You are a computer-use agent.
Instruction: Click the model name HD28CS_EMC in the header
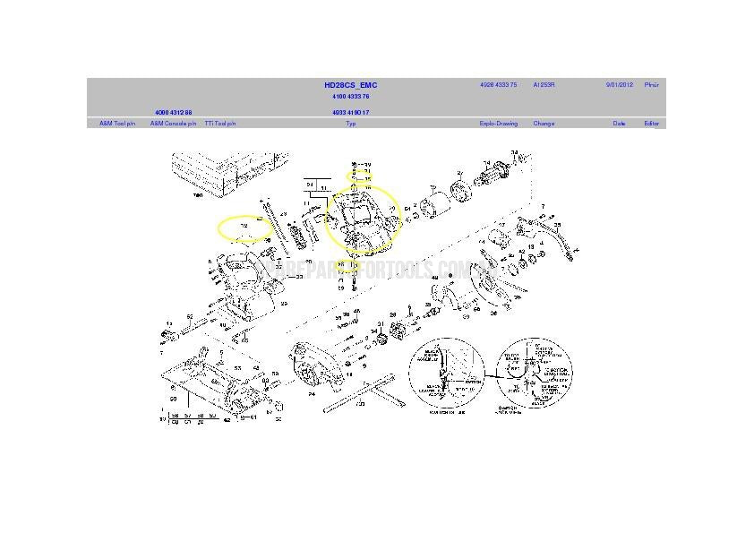click(x=350, y=85)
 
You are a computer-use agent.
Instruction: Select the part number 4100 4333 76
click(x=350, y=96)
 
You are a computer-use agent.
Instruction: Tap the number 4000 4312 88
click(x=174, y=113)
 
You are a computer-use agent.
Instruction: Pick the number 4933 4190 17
click(x=350, y=113)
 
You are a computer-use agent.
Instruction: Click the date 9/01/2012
click(x=619, y=85)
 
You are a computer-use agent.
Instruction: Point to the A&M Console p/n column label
click(x=173, y=124)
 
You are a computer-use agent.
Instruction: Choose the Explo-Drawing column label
click(x=499, y=124)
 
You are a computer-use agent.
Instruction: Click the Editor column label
click(x=651, y=124)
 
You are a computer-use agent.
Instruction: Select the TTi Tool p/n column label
click(x=220, y=124)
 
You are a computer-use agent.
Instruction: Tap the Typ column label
click(x=351, y=124)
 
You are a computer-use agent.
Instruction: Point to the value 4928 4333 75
click(x=498, y=85)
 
